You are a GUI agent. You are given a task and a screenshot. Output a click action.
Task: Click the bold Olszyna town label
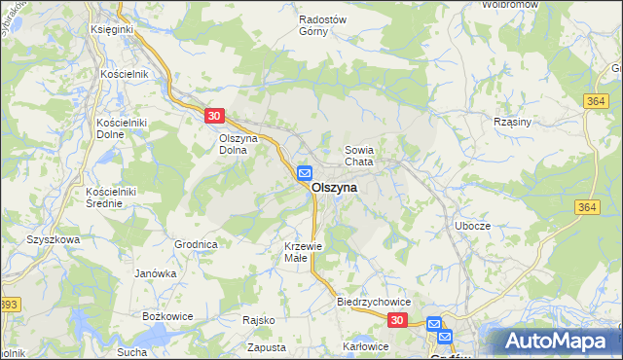[334, 188]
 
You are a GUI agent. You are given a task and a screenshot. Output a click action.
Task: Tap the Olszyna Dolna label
[237, 144]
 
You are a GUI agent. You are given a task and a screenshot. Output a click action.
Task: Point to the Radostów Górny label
[324, 24]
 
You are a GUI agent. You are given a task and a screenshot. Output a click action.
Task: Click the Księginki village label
[111, 30]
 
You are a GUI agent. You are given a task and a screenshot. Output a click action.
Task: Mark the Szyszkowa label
[51, 238]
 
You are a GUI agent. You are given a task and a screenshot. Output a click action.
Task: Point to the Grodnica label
[195, 244]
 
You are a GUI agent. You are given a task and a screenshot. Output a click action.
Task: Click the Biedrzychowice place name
[375, 302]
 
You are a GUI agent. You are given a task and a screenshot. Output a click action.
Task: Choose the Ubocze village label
[473, 225]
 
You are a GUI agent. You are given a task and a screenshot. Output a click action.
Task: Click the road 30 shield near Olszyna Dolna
[215, 116]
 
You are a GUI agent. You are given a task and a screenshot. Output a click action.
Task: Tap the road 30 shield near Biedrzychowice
[396, 319]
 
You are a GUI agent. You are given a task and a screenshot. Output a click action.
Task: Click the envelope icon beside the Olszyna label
[304, 174]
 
